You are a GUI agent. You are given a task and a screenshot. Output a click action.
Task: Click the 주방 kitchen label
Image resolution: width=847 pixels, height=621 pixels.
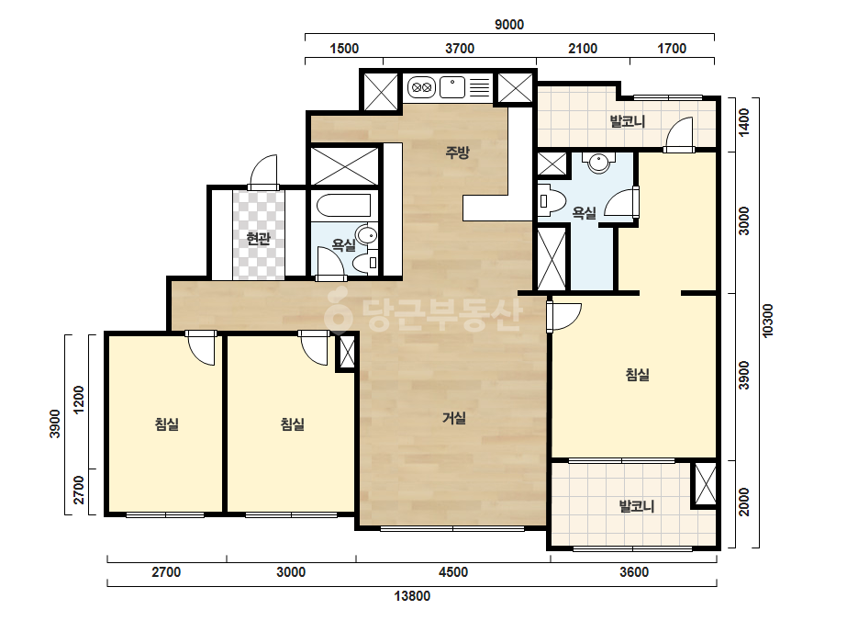(457, 152)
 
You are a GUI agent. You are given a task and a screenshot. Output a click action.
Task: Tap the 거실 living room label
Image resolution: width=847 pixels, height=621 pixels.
(453, 418)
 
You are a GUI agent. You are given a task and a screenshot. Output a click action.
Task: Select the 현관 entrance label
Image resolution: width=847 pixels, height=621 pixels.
(258, 239)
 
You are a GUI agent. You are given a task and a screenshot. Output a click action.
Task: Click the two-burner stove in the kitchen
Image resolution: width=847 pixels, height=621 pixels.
(421, 86)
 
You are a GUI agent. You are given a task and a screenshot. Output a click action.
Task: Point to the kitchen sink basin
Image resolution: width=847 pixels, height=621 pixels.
(452, 87)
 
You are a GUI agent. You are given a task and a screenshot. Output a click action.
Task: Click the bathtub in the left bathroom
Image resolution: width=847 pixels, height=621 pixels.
(343, 206)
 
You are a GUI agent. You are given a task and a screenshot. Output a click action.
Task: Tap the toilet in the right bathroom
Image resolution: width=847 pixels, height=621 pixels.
(551, 201)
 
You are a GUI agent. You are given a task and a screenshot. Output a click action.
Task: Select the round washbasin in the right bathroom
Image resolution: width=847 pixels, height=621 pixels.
(598, 162)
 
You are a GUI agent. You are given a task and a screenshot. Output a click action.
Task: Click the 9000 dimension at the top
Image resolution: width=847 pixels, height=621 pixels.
(509, 25)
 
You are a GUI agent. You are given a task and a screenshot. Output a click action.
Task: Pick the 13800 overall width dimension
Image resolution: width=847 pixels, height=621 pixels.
(412, 596)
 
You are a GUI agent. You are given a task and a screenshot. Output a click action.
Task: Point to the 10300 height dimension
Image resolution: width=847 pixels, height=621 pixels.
(767, 321)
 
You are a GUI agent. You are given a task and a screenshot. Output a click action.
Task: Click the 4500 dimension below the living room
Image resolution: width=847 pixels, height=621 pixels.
(453, 572)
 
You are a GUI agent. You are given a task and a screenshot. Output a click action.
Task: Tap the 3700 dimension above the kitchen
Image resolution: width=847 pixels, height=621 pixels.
(460, 49)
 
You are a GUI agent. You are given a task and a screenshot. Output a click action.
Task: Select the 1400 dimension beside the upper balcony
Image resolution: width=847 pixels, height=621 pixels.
(744, 123)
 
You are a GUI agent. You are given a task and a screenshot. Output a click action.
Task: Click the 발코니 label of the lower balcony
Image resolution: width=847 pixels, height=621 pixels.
(637, 506)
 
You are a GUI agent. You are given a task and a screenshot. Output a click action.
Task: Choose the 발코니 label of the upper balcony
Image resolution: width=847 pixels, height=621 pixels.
(628, 121)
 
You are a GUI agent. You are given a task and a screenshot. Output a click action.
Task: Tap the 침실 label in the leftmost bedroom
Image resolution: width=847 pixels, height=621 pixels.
(167, 424)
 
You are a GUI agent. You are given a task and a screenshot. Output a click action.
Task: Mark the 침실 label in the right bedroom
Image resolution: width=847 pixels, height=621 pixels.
(638, 374)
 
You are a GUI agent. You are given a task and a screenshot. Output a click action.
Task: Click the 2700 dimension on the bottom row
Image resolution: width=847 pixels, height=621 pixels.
(166, 572)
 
